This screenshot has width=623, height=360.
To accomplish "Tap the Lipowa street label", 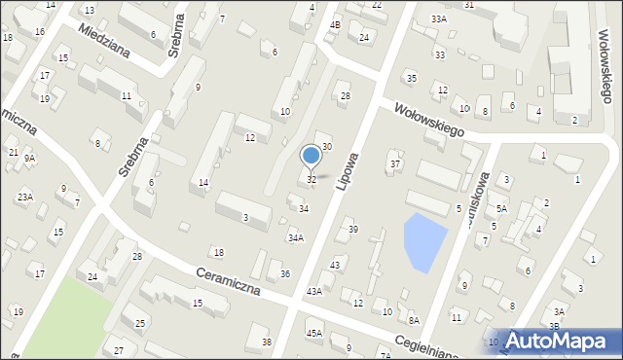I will pos(348,170).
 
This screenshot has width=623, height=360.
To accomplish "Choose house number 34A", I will pos(295,237).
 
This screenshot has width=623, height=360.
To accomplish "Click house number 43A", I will pos(313,291).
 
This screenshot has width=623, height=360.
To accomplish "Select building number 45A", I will pos(313,333).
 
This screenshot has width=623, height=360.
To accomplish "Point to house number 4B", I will pos(335,23).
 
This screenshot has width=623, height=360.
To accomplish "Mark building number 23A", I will pos(24,197).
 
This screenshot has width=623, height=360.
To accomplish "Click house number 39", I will pos(352,229).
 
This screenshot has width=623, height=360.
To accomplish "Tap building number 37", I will pos(395,163).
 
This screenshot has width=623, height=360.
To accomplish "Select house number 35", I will pos(411,78).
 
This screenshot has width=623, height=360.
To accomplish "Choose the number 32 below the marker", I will pos(311,180).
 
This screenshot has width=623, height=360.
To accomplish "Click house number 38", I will pos(267,342).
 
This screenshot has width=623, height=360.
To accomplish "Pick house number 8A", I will pos(414,320).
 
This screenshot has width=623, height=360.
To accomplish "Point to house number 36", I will pos(285,273).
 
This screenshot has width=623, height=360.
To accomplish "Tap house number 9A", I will pos(29,158).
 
